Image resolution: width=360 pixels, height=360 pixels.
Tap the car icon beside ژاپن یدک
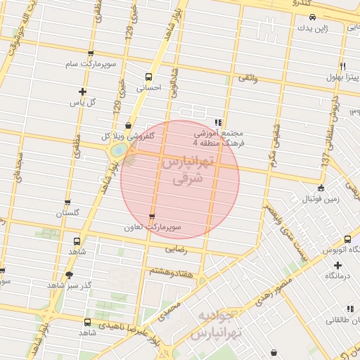coord(313,17)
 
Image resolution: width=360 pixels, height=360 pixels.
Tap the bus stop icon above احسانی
coord(148,77)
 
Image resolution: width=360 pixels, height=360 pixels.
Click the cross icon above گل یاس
coord(83,91)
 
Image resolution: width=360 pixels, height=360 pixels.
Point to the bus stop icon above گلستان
coord(67,202)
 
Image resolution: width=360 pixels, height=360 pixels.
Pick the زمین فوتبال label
coord(321,198)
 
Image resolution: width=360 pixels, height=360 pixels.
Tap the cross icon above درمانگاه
coord(338,265)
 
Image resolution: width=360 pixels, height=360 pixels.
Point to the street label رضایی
coord(176,249)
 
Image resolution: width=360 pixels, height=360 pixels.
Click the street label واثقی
coord(247,81)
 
